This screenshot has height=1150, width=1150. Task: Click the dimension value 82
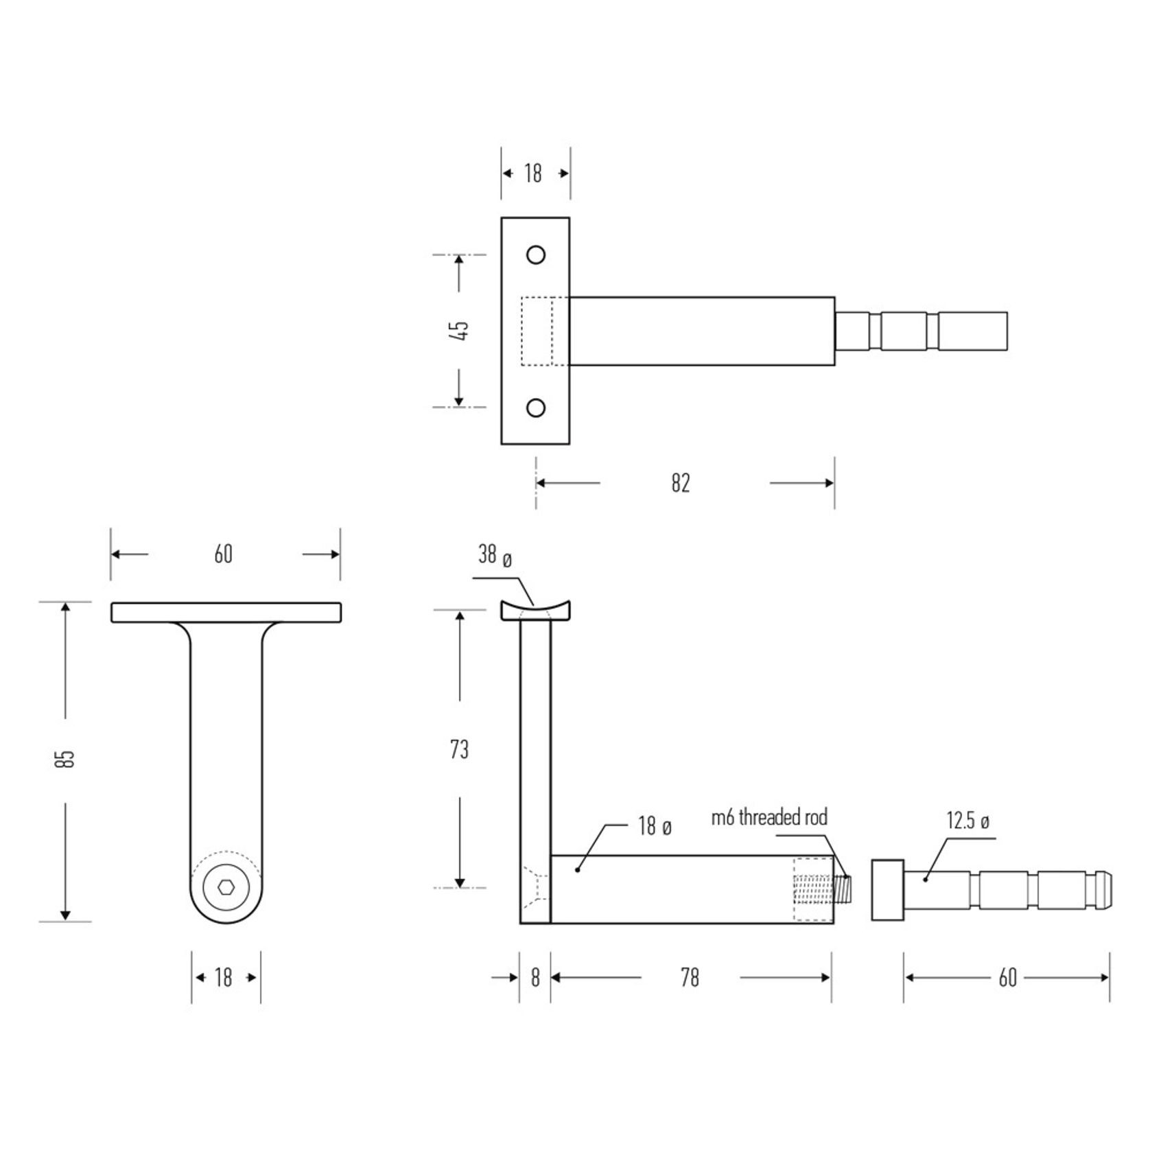tap(680, 484)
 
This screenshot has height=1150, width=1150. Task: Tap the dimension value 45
tap(461, 330)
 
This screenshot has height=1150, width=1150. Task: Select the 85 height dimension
tap(65, 758)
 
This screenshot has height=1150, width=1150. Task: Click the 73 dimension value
tap(459, 750)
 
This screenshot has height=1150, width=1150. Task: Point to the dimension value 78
tap(690, 978)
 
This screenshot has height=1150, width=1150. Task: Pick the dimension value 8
tap(535, 978)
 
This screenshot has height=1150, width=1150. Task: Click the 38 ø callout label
tap(495, 556)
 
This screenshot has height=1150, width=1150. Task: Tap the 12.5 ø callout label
tap(967, 821)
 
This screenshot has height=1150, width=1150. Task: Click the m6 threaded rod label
tap(769, 817)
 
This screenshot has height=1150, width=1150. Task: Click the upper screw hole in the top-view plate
tap(536, 255)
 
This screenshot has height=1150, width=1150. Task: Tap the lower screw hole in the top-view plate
tap(536, 408)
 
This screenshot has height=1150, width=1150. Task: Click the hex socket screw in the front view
tap(226, 888)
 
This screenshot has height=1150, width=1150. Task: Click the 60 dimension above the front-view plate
tap(224, 554)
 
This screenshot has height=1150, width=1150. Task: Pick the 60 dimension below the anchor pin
tap(1007, 978)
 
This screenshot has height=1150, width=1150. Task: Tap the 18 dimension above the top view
tap(533, 174)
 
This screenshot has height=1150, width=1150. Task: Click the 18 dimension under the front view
tap(224, 978)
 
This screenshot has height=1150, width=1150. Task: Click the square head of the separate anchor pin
tap(887, 889)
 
